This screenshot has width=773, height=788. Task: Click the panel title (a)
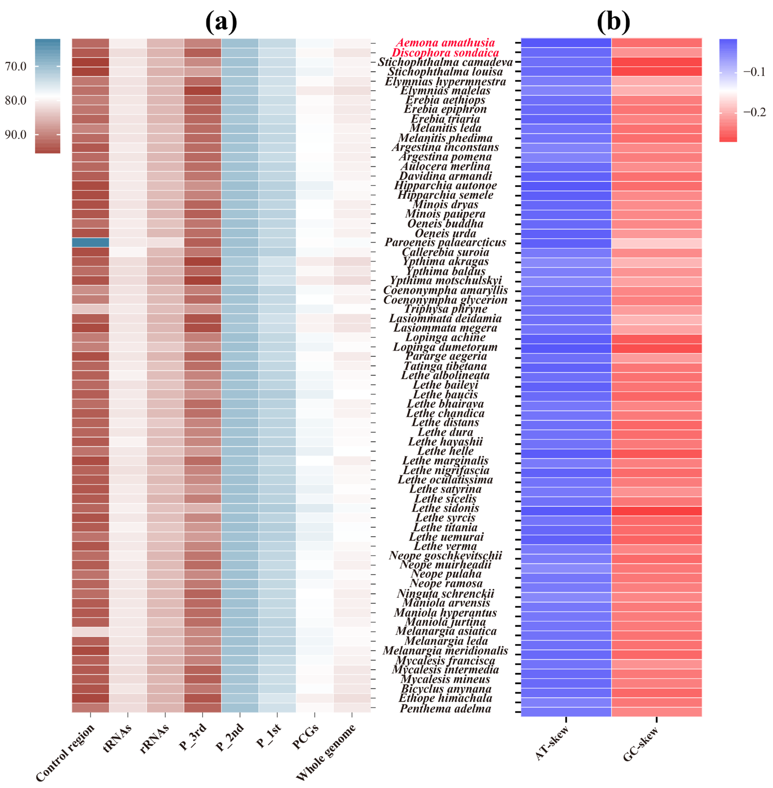[x=221, y=22]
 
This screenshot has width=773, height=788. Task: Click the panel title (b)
[x=613, y=22]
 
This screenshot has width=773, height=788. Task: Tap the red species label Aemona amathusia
[x=445, y=43]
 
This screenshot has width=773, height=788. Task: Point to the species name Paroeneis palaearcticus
[x=445, y=242]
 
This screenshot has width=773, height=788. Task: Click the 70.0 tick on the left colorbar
[x=15, y=66]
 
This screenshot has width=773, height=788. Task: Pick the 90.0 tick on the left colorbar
[x=15, y=134]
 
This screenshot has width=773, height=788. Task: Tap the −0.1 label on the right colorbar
[x=754, y=72]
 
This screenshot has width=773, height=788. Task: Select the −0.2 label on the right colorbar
[x=754, y=112]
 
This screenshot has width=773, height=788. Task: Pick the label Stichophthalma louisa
[x=445, y=72]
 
